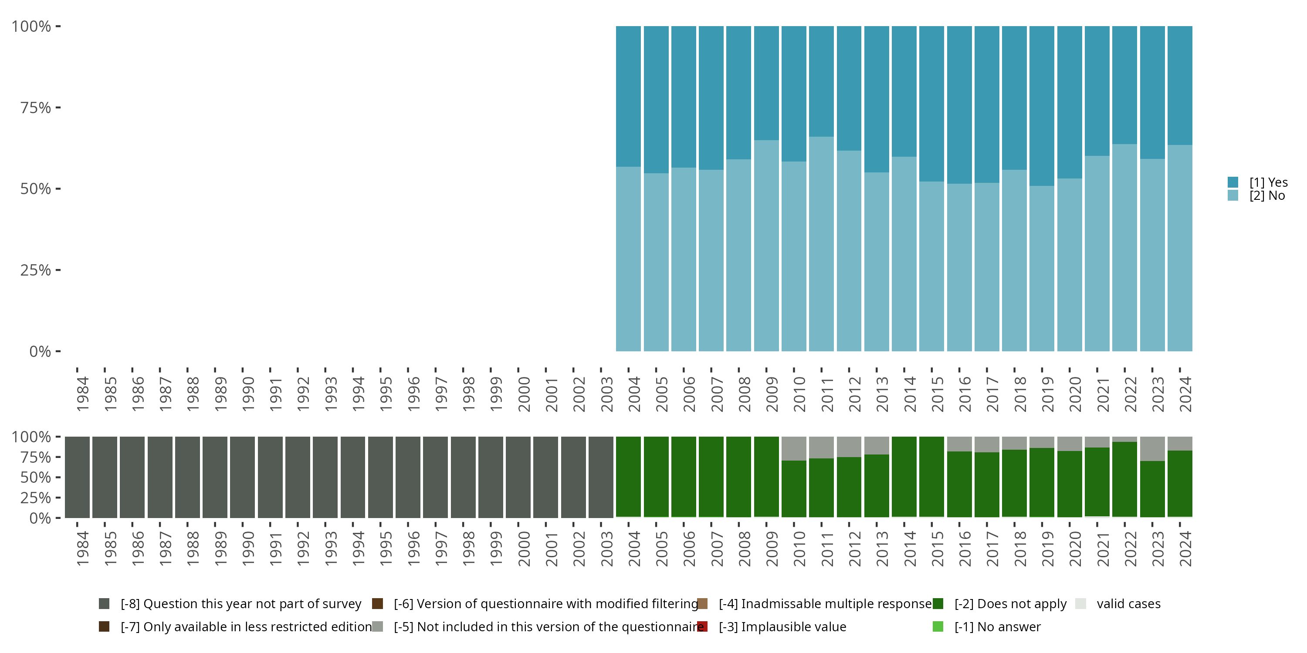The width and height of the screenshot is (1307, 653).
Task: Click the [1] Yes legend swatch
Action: [x=1233, y=182]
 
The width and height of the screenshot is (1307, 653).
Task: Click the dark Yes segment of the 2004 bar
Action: [x=628, y=96]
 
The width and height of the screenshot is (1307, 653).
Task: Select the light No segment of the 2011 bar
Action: [x=821, y=243]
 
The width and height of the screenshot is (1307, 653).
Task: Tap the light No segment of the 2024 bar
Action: [x=1180, y=249]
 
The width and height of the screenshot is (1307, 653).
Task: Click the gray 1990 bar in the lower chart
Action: [x=243, y=477]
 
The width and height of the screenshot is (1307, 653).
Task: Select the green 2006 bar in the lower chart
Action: [x=684, y=477]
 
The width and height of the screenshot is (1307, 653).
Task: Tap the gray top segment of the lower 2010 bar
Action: [x=793, y=448]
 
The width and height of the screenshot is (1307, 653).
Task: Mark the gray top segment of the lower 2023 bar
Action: [x=1152, y=449]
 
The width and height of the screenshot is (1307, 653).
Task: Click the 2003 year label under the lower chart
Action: [x=606, y=549]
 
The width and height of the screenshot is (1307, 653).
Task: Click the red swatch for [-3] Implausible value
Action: [x=702, y=626]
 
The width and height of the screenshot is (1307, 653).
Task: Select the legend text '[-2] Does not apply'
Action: [x=1010, y=604]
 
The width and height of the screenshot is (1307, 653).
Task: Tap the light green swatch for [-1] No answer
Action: [x=938, y=626]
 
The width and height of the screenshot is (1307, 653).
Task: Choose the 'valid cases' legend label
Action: [x=1128, y=604]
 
